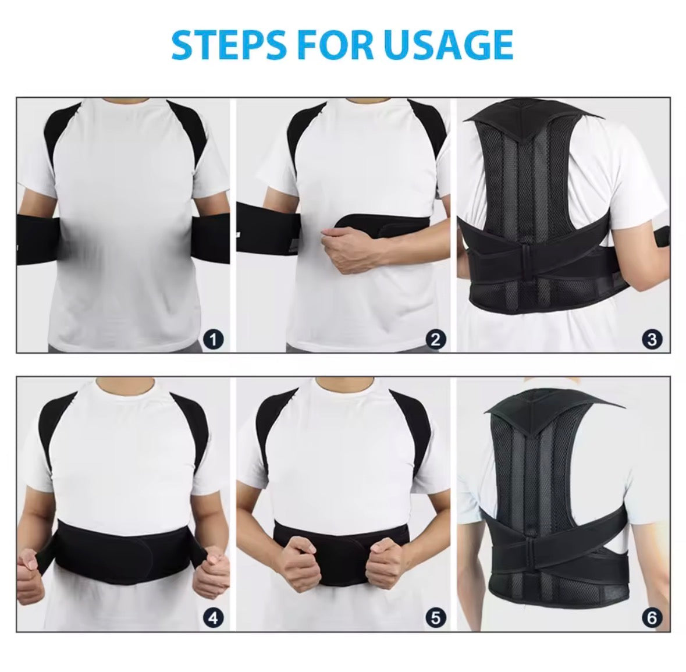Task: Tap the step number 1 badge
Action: [214, 339]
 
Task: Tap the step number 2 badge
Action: [436, 339]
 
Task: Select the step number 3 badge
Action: [652, 339]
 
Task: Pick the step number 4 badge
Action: [214, 617]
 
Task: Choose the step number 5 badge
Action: [436, 617]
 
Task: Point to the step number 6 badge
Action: [652, 617]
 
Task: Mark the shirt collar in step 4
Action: [125, 383]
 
